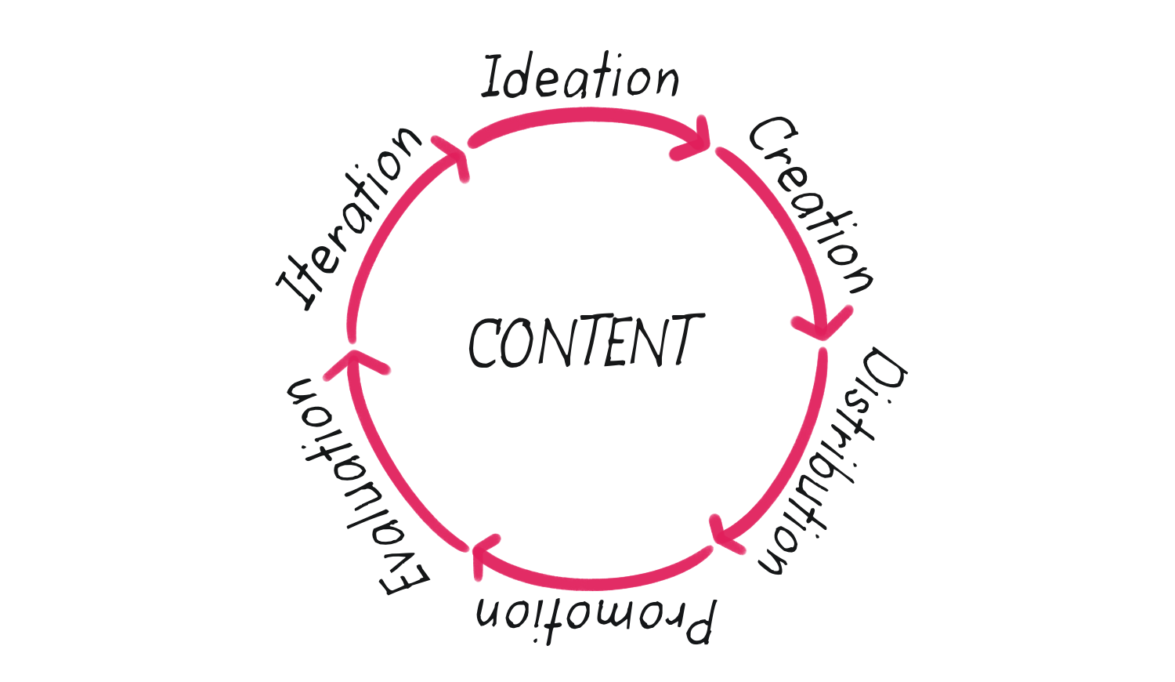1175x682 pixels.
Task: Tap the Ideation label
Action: (x=580, y=75)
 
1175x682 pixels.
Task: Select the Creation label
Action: (x=812, y=205)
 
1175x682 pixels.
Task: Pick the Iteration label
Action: (x=349, y=219)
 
